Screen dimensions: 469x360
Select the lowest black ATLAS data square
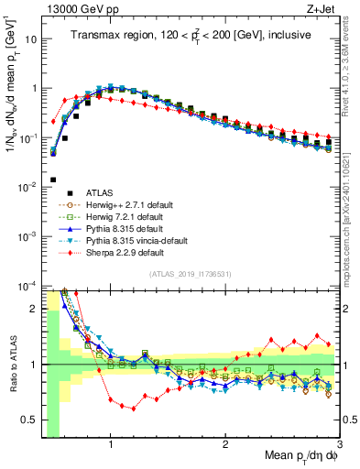pyautogui.click(x=52, y=180)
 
